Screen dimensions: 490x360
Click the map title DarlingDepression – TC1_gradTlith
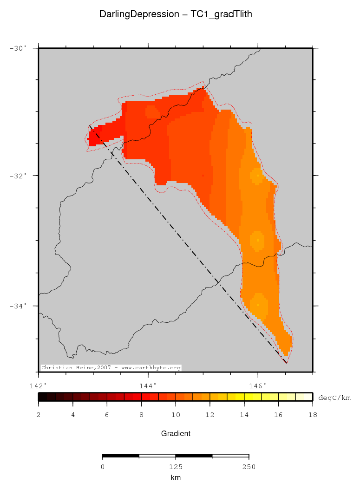(176, 14)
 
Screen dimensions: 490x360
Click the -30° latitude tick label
(19, 48)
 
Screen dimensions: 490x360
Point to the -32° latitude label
(19, 176)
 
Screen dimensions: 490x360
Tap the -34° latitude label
(19, 306)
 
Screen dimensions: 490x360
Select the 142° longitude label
(38, 385)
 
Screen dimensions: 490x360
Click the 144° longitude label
(148, 385)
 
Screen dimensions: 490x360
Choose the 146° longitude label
(258, 385)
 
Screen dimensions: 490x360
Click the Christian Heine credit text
(111, 367)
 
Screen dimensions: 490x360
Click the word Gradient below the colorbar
(176, 433)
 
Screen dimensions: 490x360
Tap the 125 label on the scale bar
(176, 467)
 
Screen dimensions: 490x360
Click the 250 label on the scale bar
(249, 467)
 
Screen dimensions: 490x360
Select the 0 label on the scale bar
(103, 467)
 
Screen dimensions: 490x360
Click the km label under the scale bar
(176, 477)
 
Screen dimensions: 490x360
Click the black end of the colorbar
(42, 397)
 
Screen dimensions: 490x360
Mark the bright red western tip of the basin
(93, 138)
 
